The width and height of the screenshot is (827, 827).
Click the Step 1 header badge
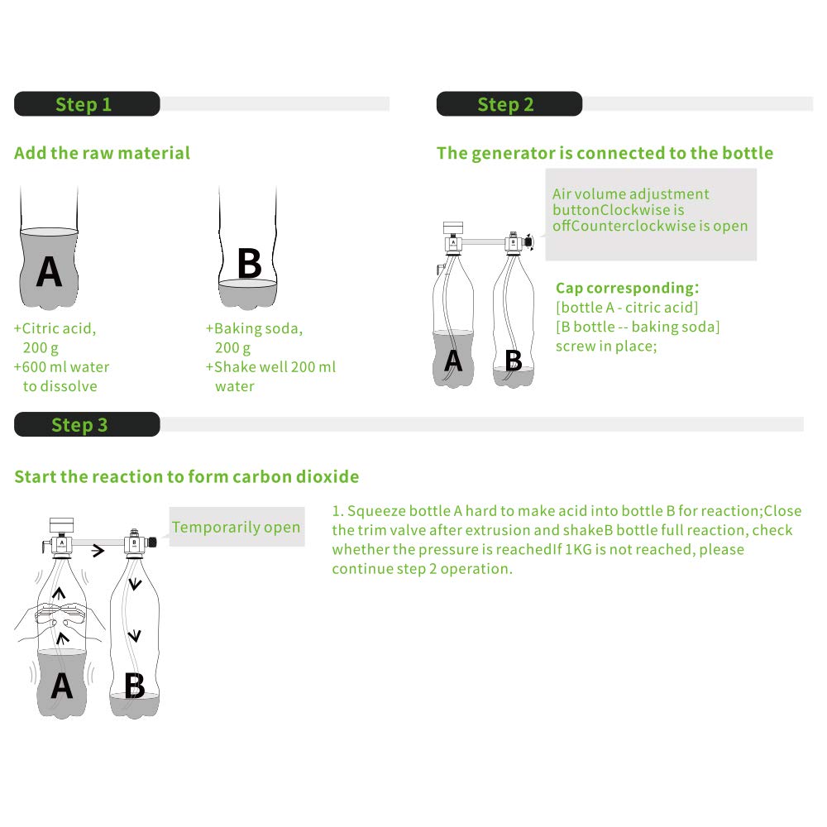86,104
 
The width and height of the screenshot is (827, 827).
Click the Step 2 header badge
509,104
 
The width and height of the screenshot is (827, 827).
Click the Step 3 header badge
86,424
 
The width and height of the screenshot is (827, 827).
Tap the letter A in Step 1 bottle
49,271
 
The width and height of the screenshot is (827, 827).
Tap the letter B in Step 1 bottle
249,264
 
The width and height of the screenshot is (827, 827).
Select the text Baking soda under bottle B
258,328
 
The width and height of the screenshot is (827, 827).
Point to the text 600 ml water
66,366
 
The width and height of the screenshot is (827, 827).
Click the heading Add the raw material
102,153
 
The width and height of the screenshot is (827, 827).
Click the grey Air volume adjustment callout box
650,214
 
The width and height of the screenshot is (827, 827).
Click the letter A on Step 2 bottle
453,361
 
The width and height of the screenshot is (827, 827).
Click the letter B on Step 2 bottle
513,361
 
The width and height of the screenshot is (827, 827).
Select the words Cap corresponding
625,288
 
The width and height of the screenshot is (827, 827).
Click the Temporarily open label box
237,527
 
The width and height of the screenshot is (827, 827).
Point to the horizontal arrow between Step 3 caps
98,551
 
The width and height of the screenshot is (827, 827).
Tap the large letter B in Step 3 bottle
134,686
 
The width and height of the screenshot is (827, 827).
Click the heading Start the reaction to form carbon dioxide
187,476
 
